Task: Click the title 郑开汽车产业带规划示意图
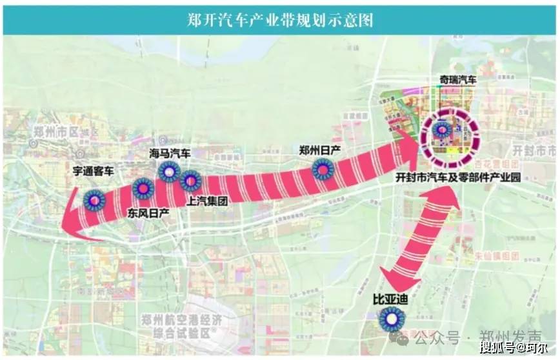click(280, 19)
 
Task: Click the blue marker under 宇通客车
click(94, 200)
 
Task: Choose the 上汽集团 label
click(207, 200)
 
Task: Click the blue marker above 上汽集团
click(191, 181)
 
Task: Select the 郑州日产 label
click(320, 150)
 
